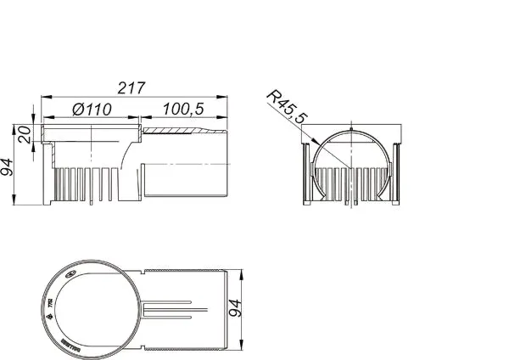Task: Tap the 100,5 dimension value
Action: click(186, 108)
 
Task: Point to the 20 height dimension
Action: click(25, 134)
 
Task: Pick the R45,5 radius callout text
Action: click(287, 106)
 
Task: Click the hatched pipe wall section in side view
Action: click(182, 131)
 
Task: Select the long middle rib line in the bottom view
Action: click(174, 308)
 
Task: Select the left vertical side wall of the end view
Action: click(306, 170)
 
